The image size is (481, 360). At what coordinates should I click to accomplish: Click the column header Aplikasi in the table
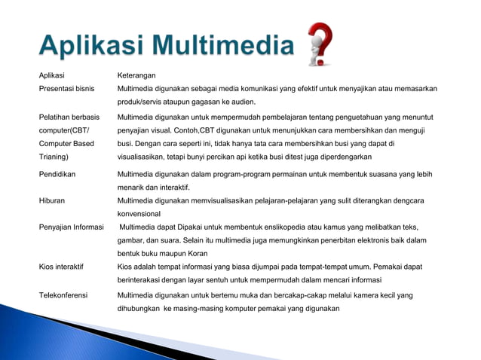[x=52, y=75]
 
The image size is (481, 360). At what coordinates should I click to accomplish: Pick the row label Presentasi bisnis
[x=67, y=89]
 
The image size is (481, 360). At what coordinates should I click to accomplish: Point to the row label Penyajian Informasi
[x=72, y=227]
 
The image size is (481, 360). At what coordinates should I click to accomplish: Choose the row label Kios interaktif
[x=61, y=267]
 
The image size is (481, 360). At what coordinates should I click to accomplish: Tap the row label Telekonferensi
[x=64, y=295]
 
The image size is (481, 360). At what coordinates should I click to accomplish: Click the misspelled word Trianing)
[x=54, y=157]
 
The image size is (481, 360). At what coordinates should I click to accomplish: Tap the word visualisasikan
[x=147, y=157]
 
